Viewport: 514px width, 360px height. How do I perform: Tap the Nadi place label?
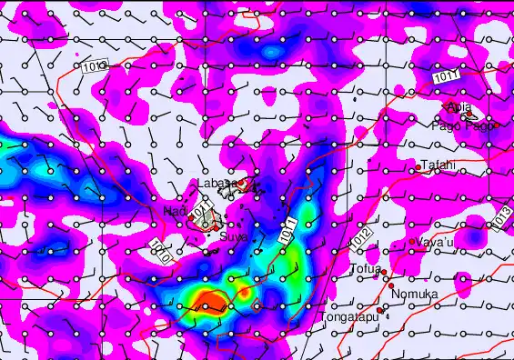tap(175, 211)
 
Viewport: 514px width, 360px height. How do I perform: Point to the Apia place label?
tap(459, 107)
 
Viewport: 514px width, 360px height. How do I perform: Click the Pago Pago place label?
tap(466, 125)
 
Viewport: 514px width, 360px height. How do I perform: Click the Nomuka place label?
tap(414, 295)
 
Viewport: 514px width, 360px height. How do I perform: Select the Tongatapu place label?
tap(348, 317)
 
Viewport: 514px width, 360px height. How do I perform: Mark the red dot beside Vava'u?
tap(412, 241)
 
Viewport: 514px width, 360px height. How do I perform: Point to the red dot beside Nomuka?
tap(391, 286)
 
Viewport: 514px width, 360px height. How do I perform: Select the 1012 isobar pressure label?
tap(359, 238)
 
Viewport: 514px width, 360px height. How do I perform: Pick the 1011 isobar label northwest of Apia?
tap(446, 78)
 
